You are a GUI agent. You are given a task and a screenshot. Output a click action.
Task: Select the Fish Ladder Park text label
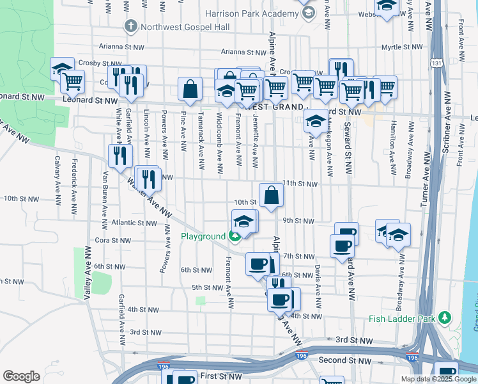pos(400,319)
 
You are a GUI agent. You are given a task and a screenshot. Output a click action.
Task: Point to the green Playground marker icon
pos(235,237)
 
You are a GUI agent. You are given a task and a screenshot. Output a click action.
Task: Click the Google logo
pos(21,376)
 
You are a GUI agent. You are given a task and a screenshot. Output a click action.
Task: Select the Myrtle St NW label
pos(402,47)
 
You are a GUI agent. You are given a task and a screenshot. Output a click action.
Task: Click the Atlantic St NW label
pos(134,223)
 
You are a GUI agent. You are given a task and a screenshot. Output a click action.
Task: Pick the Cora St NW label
pos(112,241)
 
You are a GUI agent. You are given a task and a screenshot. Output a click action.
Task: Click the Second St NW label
pos(345,361)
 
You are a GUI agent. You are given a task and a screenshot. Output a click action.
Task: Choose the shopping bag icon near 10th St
pos(271,195)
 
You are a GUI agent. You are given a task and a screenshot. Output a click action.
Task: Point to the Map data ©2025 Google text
pos(438,379)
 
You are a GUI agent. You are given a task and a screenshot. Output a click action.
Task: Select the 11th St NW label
pos(300,184)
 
